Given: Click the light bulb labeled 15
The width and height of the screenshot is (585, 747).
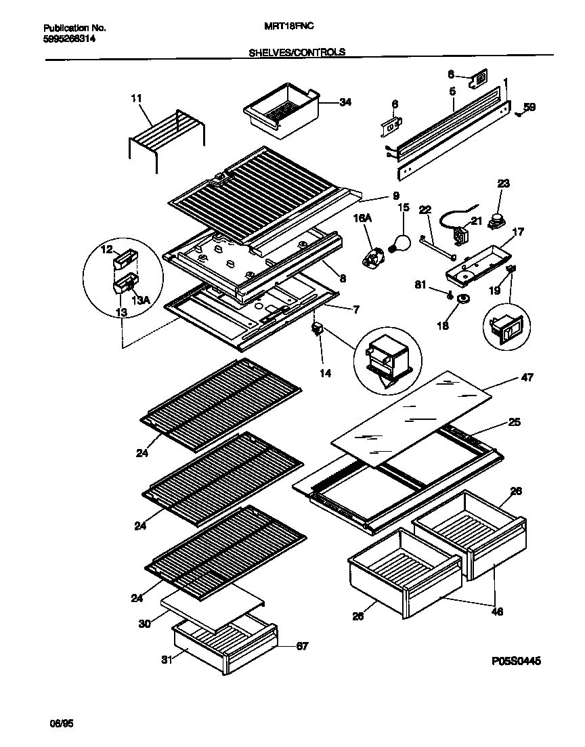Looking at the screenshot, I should click(x=402, y=242).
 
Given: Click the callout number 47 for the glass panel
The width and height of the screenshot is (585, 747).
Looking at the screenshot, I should click(x=527, y=377).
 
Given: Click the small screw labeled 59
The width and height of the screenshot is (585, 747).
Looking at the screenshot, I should click(x=519, y=114).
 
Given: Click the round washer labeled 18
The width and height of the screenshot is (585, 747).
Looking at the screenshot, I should click(x=464, y=299).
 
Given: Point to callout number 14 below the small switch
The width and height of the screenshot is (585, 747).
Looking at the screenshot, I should click(x=326, y=372).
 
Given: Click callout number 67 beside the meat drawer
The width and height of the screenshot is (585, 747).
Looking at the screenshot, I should click(x=302, y=647).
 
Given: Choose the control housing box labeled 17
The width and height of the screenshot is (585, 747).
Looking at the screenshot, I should click(x=476, y=262).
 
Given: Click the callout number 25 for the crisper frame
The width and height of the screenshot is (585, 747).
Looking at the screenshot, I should click(x=514, y=423).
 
